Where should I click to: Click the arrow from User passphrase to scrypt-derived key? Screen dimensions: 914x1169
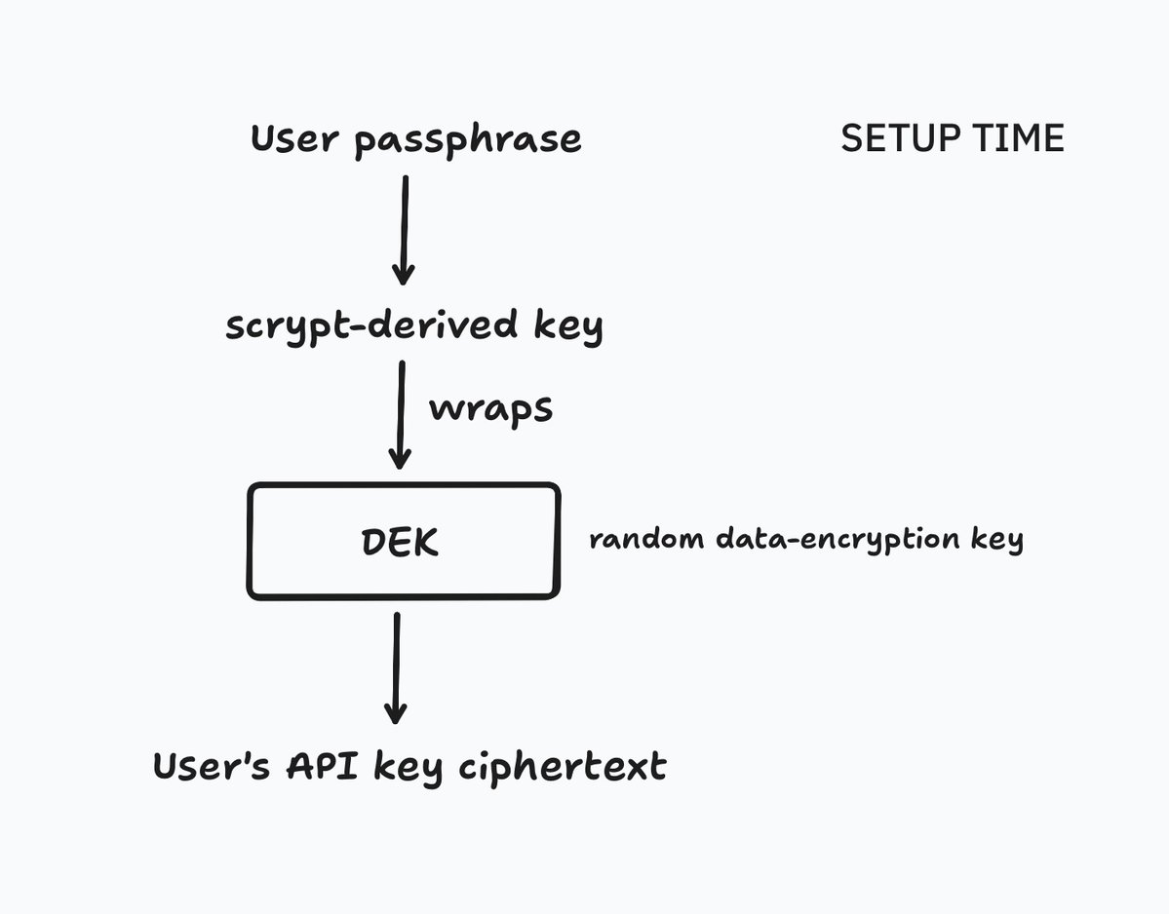click(404, 229)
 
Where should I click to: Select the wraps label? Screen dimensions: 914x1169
click(490, 408)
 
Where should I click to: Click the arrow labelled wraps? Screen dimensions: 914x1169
click(400, 414)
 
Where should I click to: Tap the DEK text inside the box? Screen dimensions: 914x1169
click(401, 543)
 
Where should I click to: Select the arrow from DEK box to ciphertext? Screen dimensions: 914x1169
click(395, 667)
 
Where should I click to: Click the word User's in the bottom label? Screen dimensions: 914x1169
click(212, 767)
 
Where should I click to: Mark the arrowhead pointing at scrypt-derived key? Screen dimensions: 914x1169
click(403, 272)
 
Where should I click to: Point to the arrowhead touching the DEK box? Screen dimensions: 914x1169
click(399, 457)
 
